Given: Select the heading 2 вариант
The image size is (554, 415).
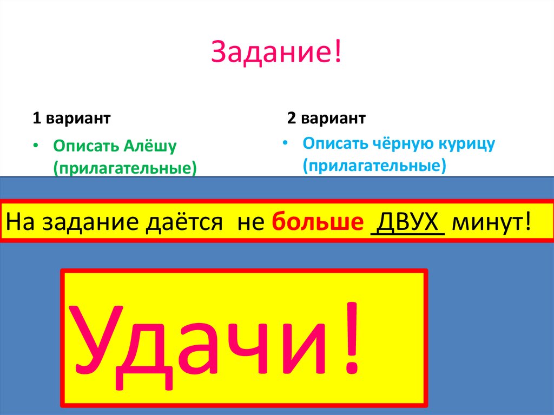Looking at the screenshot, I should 326,118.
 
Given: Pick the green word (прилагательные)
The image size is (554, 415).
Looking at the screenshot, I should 124,168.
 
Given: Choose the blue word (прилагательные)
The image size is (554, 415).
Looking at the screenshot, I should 374,165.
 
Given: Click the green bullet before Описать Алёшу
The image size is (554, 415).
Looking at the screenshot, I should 36,147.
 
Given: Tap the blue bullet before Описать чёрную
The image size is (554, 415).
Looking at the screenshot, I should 286,144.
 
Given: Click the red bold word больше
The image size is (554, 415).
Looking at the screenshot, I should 316,222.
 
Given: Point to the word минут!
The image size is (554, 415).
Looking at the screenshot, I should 491,222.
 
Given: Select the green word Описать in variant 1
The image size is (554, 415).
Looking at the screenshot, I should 85,146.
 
